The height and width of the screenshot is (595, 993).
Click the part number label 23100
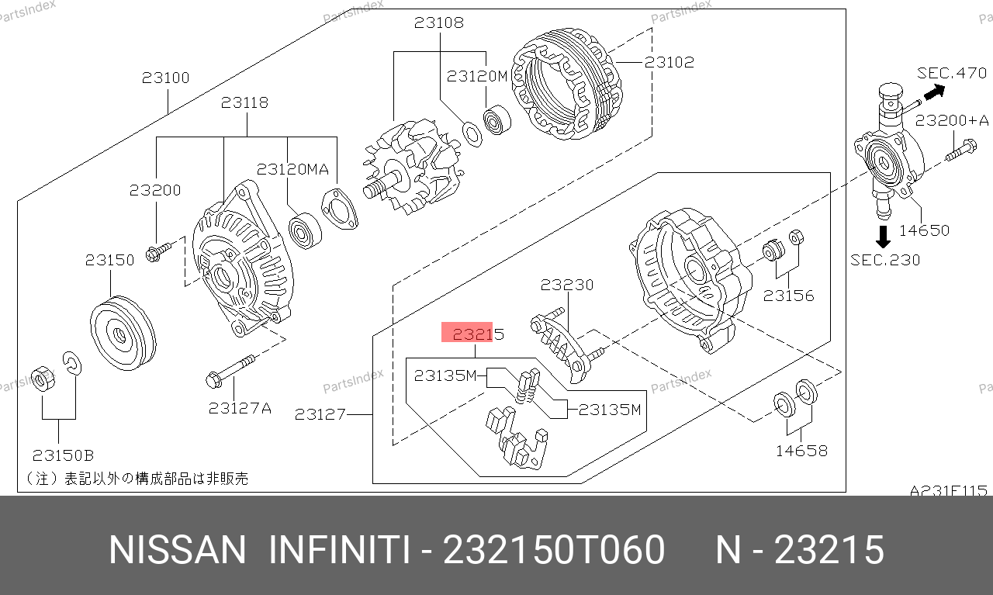[165, 78]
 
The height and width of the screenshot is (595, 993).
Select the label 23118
[244, 103]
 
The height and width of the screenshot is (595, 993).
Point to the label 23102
[669, 63]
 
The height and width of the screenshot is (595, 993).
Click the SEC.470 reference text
[952, 73]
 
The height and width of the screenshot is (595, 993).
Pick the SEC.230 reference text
[885, 260]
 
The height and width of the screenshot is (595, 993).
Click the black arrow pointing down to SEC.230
[883, 237]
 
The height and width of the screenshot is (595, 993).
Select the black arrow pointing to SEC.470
[934, 92]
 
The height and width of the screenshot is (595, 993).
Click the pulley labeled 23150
[123, 333]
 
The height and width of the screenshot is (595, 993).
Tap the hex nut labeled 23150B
[43, 379]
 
